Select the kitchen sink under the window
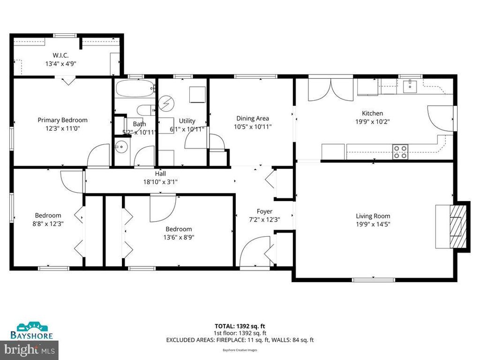[410, 85]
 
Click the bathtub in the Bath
[135, 88]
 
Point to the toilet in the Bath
[146, 110]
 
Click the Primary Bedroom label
[62, 120]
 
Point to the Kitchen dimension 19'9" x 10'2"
[373, 121]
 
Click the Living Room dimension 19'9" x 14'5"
[373, 224]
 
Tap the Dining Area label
[253, 119]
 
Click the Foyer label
[264, 211]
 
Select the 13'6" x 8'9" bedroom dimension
[179, 237]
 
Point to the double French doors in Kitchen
[330, 89]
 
